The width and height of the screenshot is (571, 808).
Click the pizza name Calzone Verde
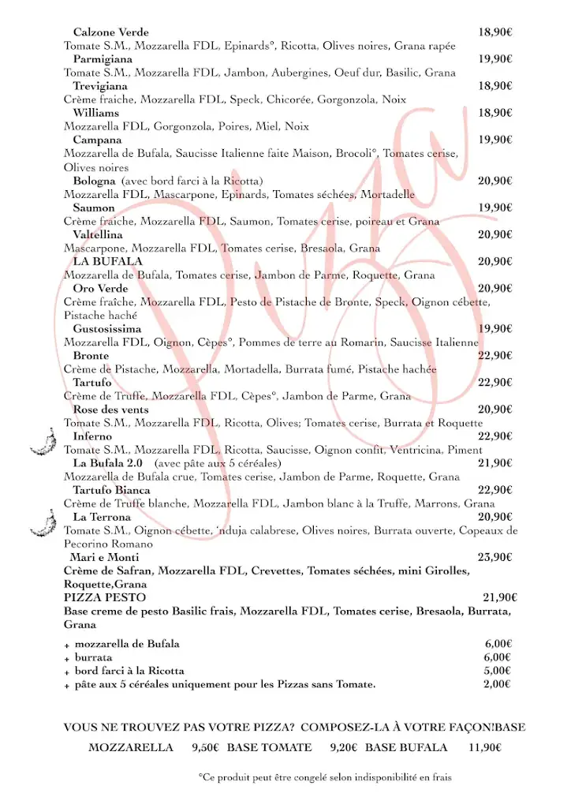[x=111, y=32]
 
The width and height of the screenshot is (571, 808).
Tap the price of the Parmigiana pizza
[x=495, y=59]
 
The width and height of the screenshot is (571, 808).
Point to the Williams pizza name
[x=96, y=113]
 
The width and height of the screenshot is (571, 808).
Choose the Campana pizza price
[x=495, y=140]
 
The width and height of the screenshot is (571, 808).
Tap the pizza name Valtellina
[x=98, y=234]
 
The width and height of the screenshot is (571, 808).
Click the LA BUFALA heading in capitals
[x=107, y=261]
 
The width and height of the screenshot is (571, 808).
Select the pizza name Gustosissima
[x=107, y=328]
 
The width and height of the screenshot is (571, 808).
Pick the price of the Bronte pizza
[x=495, y=356]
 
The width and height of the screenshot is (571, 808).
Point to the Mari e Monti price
[x=495, y=557]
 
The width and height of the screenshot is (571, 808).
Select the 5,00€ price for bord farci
[x=498, y=671]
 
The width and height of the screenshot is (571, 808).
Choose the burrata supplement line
[x=93, y=657]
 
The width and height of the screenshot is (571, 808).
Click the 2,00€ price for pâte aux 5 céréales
[x=498, y=685]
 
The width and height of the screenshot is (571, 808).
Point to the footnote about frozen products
[x=325, y=778]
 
